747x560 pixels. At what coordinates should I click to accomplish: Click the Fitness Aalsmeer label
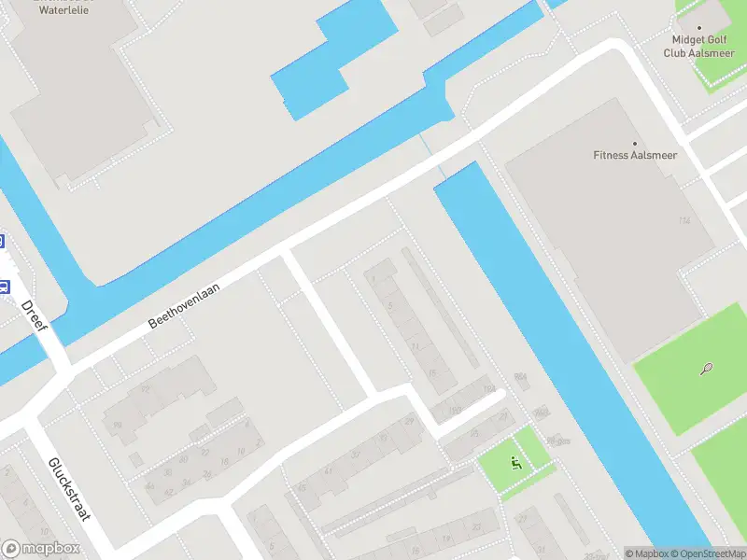click(635, 155)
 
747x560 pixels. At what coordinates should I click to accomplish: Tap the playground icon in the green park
click(514, 462)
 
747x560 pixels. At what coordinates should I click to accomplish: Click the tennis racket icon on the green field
click(706, 369)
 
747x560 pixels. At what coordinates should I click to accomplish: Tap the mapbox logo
click(41, 549)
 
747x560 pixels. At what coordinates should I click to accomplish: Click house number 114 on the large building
click(684, 220)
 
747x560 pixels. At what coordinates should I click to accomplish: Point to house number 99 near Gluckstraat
click(118, 426)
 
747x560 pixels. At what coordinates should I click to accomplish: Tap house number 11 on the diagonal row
click(415, 346)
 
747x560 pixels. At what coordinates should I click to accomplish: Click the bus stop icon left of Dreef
click(3, 287)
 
